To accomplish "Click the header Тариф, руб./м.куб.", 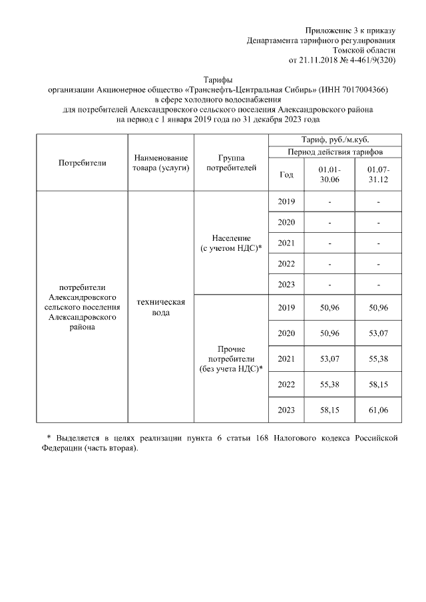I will coord(335,139).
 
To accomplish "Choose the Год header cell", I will coord(286,175).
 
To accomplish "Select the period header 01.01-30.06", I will coord(329,175).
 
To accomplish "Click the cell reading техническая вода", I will coord(160,307).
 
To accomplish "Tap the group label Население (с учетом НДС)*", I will coord(231,243).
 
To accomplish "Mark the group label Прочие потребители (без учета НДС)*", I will coord(231,359).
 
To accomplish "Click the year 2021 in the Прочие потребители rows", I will coord(286,359).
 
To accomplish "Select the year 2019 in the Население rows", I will coord(286,202).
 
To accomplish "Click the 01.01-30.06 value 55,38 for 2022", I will coord(329,385).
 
